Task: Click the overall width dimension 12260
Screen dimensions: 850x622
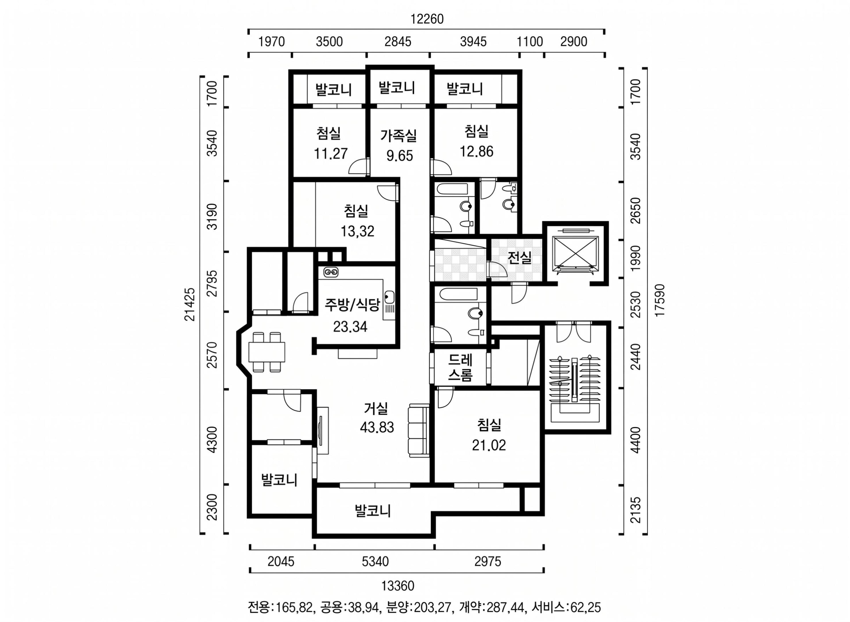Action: (427, 19)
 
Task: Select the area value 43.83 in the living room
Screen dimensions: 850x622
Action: (377, 427)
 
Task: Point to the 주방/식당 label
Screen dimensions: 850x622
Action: (352, 305)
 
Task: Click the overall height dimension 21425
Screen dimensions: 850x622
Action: (190, 304)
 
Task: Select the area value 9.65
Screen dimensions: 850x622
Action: (400, 156)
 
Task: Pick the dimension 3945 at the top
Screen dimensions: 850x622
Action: (473, 41)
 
